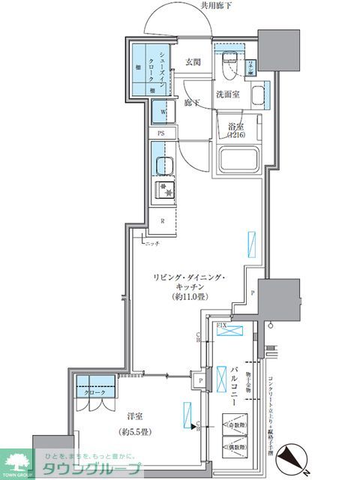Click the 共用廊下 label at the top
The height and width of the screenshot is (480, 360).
[216, 7]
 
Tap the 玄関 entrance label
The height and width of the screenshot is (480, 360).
[193, 62]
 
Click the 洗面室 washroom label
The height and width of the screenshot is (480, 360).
[229, 94]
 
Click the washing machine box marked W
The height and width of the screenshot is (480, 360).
[161, 112]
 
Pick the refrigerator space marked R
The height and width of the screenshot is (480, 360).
[163, 220]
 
